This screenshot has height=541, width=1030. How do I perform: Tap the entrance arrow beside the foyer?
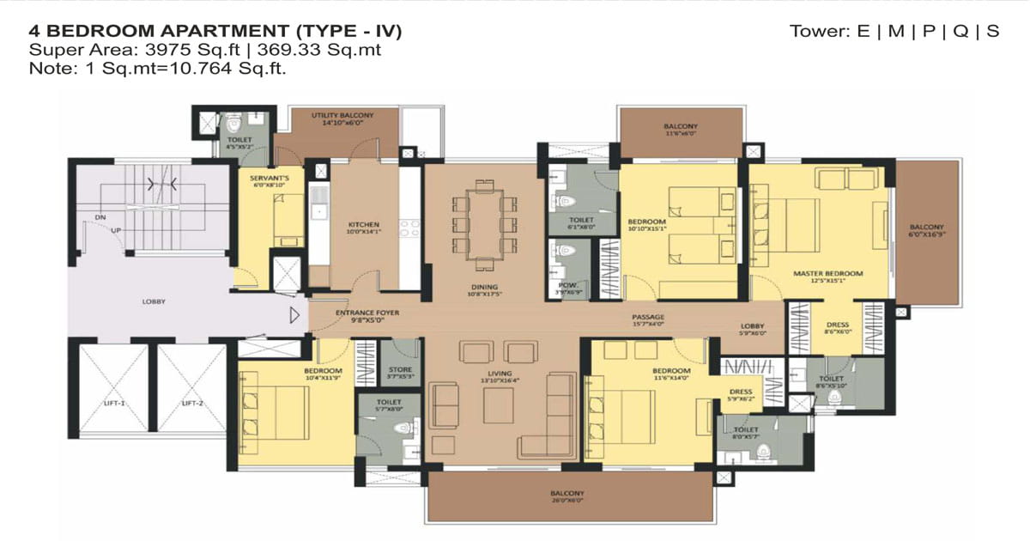[295, 315]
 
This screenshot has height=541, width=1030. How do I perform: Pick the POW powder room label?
[563, 288]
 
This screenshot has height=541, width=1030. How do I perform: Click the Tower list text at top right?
[894, 32]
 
